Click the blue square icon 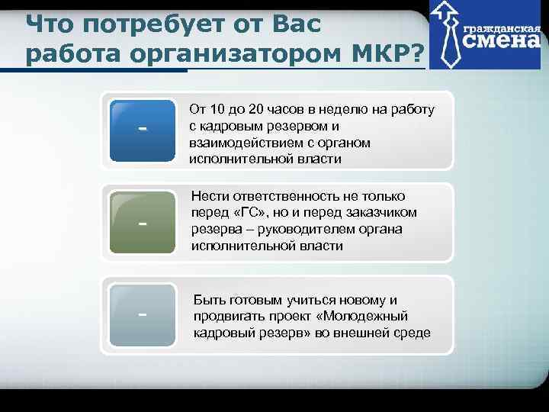[142, 131]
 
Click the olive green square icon [142, 223]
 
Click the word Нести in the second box [210, 196]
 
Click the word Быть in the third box [210, 300]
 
